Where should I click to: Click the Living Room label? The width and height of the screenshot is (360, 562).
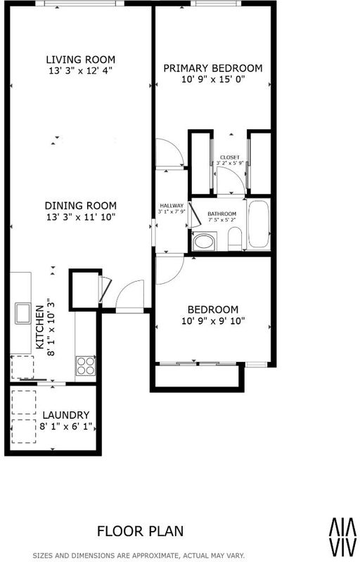point(81,60)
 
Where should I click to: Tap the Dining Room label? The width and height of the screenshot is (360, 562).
point(81,206)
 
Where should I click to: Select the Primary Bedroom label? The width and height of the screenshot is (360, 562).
point(213,68)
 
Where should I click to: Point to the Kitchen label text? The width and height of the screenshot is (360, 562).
point(40,327)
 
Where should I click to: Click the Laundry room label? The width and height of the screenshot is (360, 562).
point(66,415)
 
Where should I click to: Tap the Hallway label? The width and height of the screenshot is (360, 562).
point(172,206)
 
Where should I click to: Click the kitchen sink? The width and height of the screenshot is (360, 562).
point(22,313)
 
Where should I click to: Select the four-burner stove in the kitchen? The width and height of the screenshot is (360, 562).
point(86,365)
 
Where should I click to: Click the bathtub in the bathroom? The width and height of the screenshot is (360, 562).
point(258,224)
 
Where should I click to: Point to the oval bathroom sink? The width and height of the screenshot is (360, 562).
point(205,241)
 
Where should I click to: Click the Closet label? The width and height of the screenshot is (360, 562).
point(230,157)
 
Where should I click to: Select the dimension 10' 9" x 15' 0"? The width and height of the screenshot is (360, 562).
point(213,79)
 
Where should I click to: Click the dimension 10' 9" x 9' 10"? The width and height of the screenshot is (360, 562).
point(213,320)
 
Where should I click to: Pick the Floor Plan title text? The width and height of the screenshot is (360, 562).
point(140,531)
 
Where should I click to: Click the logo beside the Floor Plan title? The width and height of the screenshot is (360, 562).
point(343,535)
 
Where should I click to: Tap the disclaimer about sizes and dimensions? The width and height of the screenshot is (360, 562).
point(139,556)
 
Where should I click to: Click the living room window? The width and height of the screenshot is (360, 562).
point(80,4)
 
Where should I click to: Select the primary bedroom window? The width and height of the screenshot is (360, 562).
point(215,4)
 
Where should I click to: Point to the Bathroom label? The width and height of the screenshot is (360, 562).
point(222,214)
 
